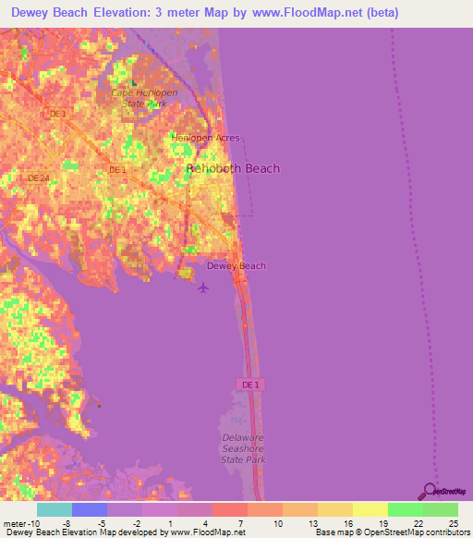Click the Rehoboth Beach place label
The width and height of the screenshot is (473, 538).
tap(233, 169)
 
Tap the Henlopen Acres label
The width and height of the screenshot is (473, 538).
tap(204, 139)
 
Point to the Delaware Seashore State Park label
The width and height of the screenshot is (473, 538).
tap(243, 447)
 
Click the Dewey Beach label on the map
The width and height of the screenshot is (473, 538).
tap(236, 266)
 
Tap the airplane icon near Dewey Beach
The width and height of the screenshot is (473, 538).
tap(203, 286)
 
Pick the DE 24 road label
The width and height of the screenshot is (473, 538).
tap(38, 177)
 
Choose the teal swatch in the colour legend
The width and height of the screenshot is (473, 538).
tap(54, 509)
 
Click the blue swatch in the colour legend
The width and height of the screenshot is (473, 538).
tap(89, 509)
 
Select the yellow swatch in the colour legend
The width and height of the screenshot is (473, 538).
tap(370, 509)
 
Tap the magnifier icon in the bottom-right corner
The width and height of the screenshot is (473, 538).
tap(430, 491)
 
